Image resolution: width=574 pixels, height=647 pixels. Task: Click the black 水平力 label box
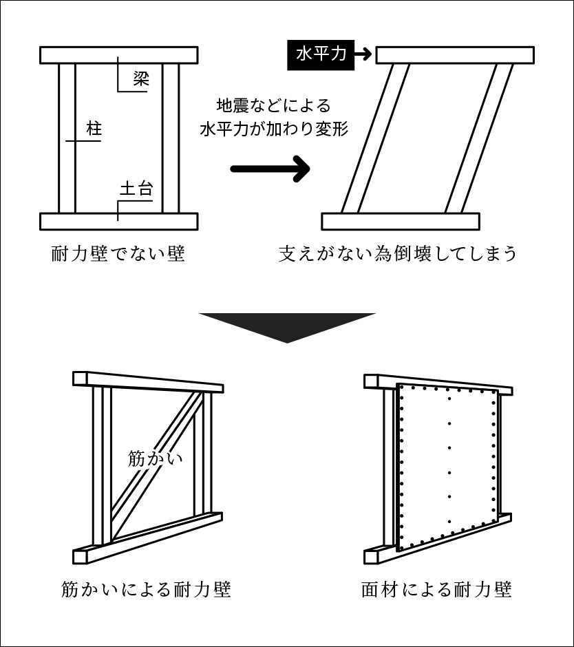[x=321, y=54]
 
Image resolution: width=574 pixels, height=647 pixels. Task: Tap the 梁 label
[x=141, y=78]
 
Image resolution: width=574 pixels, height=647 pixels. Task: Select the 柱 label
[x=94, y=128]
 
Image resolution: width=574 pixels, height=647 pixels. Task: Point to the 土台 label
[x=136, y=189]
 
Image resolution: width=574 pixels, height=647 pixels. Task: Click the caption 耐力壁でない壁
[x=118, y=254]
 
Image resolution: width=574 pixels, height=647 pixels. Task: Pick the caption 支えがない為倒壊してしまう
[x=397, y=254]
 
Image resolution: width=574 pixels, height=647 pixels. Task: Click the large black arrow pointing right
[x=270, y=169]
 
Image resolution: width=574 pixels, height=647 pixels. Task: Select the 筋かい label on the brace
[x=156, y=458]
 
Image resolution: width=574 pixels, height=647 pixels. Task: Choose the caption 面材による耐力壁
[x=436, y=590]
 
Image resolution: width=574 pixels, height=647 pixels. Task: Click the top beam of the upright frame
[x=119, y=55]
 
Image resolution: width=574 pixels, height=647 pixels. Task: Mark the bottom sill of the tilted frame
[x=401, y=221]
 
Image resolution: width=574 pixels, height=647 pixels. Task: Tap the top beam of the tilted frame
[x=455, y=55]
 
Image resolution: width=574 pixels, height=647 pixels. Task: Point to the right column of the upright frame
[x=171, y=138]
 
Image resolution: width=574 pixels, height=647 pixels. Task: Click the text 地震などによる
[x=274, y=106]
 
